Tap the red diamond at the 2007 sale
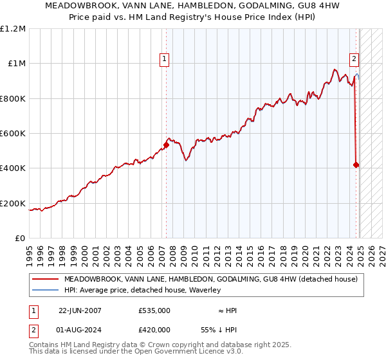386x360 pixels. [166, 145]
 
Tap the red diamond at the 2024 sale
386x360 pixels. [356, 165]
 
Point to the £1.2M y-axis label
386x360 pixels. [13, 29]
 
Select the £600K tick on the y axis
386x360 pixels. [13, 134]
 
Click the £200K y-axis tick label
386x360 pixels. [13, 204]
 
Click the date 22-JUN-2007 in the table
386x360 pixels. [80, 310]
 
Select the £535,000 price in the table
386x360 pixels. [154, 310]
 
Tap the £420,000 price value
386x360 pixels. [154, 329]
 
